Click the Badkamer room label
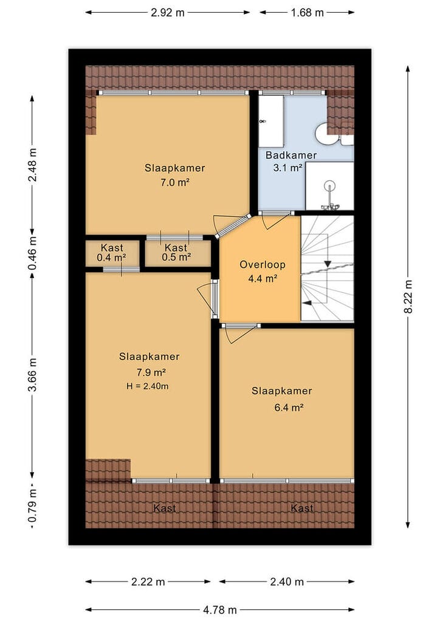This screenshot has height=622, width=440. point(291,155)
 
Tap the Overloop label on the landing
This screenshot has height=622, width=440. point(263,265)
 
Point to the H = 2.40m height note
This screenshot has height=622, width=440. point(148,386)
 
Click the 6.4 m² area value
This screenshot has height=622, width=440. point(289,408)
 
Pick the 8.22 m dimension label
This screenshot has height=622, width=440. point(408,296)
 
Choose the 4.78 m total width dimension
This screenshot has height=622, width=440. point(220,610)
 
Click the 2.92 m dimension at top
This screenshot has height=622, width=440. point(167,13)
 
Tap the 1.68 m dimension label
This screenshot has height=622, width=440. point(307,13)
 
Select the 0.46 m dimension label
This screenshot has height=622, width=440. point(33,253)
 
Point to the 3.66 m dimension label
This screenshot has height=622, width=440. point(33,375)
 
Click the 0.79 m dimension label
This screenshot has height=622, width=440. point(33,505)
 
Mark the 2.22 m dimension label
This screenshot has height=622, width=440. point(148,582)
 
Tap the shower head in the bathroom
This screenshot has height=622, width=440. point(329,186)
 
